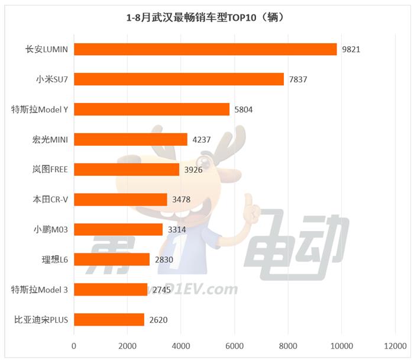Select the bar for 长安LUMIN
click(x=205, y=49)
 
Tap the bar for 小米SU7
click(x=179, y=79)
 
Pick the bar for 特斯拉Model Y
click(x=151, y=110)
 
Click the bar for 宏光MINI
click(x=131, y=140)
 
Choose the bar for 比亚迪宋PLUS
click(x=109, y=320)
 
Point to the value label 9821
click(x=351, y=49)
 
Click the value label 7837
click(x=298, y=79)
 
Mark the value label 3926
click(x=193, y=170)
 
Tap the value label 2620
click(x=159, y=320)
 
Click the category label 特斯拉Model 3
click(x=40, y=290)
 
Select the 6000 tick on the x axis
click(x=235, y=345)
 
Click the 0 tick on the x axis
click(x=75, y=345)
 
